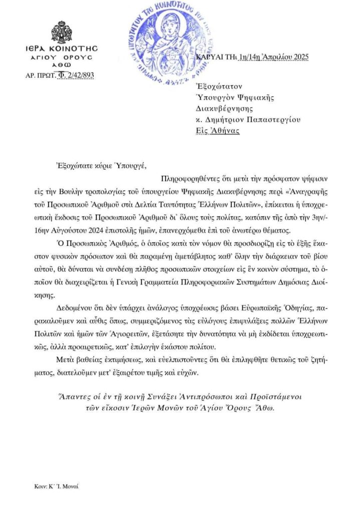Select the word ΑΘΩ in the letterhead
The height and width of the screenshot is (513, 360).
click(62, 65)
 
